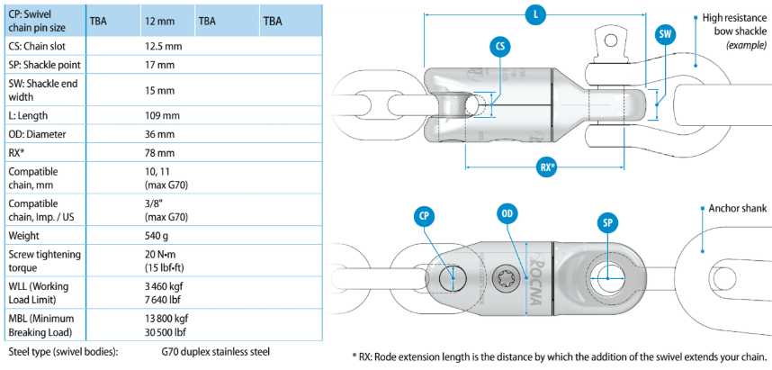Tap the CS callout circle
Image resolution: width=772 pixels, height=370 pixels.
(x=501, y=49)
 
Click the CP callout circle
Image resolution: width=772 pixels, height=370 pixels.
(x=425, y=215)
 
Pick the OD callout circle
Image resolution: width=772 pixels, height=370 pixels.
(x=507, y=214)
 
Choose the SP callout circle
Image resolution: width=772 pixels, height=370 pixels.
(x=608, y=221)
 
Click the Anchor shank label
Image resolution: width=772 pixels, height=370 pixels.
(x=738, y=208)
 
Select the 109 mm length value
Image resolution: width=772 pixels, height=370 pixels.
(x=162, y=116)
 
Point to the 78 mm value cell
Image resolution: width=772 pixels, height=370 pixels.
(x=159, y=151)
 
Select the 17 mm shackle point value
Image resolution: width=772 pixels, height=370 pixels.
(x=159, y=64)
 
